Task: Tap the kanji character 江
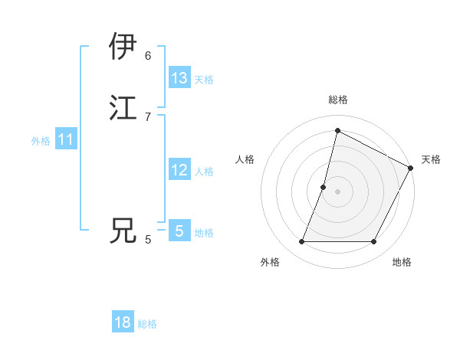tap(123, 107)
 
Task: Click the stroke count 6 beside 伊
tap(148, 55)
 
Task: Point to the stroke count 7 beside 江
tap(148, 116)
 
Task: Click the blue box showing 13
tap(179, 78)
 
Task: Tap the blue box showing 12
tap(179, 170)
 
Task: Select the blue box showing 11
tap(66, 139)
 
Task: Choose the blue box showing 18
tap(123, 322)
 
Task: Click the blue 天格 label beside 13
tap(204, 80)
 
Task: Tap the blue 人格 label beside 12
tap(204, 172)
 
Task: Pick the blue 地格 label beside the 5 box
tap(204, 233)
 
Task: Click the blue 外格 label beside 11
tap(41, 141)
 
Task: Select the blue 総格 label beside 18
tap(147, 324)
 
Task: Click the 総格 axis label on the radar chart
tap(337, 100)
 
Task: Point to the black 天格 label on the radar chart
tap(431, 159)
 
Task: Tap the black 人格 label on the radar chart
tap(245, 159)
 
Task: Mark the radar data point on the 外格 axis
tap(301, 242)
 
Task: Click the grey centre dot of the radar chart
tap(337, 192)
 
